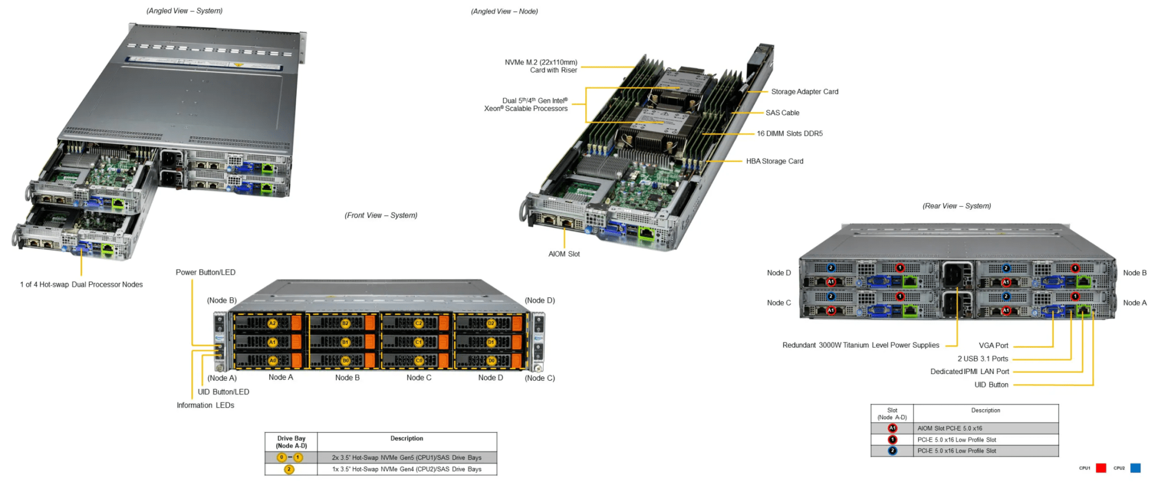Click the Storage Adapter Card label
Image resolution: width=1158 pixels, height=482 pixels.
coord(804,92)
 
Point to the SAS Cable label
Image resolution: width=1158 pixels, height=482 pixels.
coord(782,113)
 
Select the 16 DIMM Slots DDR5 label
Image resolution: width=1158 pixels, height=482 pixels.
coord(789,134)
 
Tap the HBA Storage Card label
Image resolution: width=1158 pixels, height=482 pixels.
coord(774,162)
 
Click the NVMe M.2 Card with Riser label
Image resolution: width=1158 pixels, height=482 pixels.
coord(541,66)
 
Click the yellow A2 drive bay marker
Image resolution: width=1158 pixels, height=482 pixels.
coord(273,324)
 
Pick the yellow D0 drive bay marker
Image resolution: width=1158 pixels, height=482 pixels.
coord(491,361)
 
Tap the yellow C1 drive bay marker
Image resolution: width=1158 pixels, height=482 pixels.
coord(418,342)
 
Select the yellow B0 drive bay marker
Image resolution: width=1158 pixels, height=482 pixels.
coord(345,361)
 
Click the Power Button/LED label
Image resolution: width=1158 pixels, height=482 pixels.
coord(205,272)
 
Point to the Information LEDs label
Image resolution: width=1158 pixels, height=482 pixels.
coord(205,405)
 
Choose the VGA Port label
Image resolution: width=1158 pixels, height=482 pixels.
coord(993,346)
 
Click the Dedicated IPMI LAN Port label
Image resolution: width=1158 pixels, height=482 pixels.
coord(969,372)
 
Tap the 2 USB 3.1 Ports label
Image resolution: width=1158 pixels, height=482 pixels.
coord(982,359)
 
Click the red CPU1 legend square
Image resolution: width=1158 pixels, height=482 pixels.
coord(1100,468)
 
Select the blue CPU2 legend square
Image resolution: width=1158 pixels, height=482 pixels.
coord(1135,468)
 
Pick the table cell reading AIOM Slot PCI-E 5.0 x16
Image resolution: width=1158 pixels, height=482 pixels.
coord(949,428)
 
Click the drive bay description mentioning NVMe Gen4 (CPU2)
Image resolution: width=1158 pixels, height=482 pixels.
coord(407,470)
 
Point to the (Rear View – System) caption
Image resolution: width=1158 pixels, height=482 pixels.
coord(956,206)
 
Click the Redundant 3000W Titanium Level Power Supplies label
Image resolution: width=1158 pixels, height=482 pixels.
coord(860,345)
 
